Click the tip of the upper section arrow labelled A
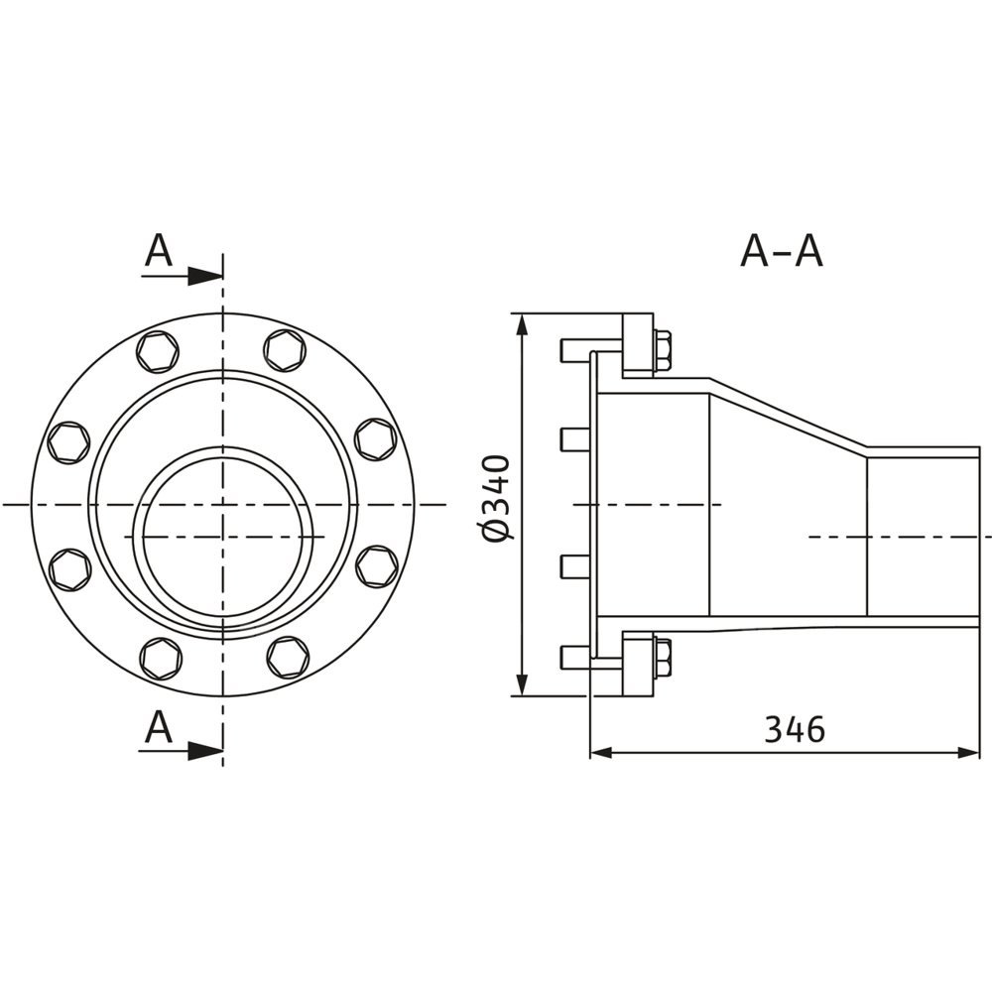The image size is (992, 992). click(x=222, y=277)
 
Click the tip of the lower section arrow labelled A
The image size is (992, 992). click(x=222, y=751)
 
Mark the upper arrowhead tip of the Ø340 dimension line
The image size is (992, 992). click(x=522, y=313)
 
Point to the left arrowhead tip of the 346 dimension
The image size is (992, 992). click(x=590, y=753)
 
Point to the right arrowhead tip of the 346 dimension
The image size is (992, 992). click(x=979, y=753)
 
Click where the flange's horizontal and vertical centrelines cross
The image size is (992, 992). click(x=222, y=504)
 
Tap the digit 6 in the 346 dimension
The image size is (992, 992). click(x=814, y=729)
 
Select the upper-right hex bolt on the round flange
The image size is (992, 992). click(x=285, y=350)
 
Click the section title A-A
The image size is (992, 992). click(x=782, y=251)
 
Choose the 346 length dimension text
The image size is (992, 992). click(x=795, y=729)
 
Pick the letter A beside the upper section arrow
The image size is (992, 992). click(x=158, y=251)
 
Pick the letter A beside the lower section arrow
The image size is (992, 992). click(x=158, y=727)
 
